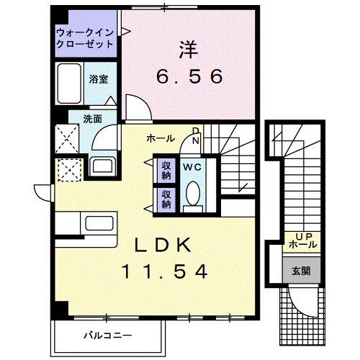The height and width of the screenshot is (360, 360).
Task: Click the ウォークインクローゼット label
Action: point(84,37)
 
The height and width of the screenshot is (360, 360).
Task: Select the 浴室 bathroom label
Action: point(99,79)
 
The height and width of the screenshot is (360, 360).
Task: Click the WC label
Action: point(191,167)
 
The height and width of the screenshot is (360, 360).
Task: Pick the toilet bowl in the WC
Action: point(192,194)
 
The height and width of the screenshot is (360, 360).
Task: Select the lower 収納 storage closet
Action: point(166,198)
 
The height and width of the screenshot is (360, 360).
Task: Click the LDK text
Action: point(165,246)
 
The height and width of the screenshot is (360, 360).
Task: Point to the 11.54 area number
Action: point(165,272)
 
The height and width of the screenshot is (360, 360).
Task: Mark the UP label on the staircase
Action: point(300,236)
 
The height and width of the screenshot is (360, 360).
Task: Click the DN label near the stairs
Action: point(195,135)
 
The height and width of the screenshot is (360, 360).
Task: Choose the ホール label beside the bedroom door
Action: point(159,137)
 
